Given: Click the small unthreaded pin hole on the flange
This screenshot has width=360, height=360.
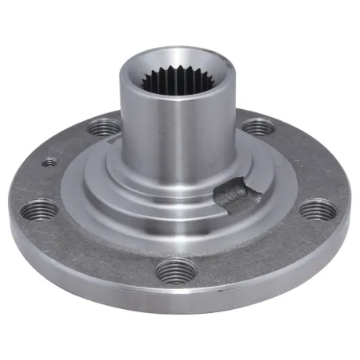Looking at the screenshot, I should pyautogui.click(x=50, y=162).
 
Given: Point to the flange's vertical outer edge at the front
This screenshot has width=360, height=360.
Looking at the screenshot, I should pyautogui.click(x=175, y=307).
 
